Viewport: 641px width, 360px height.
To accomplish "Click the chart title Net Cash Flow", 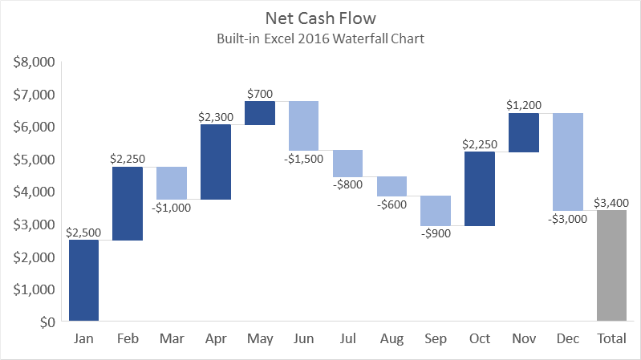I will pyautogui.click(x=319, y=16).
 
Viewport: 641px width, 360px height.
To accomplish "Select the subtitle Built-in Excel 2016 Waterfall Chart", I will pyautogui.click(x=319, y=38).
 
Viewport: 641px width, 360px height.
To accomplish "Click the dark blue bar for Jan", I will pyautogui.click(x=83, y=281).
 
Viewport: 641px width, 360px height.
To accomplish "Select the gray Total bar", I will pyautogui.click(x=611, y=265).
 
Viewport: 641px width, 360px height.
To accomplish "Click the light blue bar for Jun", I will pyautogui.click(x=303, y=126).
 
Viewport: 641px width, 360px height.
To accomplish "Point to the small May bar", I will pyautogui.click(x=259, y=113).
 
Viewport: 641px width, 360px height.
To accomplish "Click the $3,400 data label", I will pyautogui.click(x=611, y=203).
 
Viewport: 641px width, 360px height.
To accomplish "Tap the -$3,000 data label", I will pyautogui.click(x=567, y=219).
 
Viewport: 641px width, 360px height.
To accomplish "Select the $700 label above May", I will pyautogui.click(x=259, y=94).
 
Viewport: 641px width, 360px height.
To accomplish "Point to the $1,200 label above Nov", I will pyautogui.click(x=523, y=105).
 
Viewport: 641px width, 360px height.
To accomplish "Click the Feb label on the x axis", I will pyautogui.click(x=128, y=339).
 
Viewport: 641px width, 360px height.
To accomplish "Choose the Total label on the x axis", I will pyautogui.click(x=611, y=339).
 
